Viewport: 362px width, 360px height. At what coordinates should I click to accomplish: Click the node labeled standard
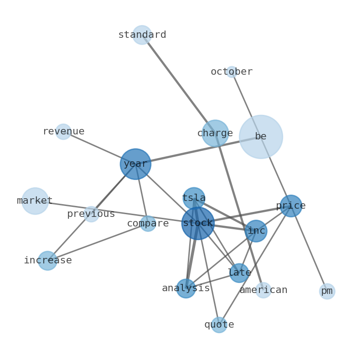[142, 35]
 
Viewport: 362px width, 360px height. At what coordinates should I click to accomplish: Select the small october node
[232, 72]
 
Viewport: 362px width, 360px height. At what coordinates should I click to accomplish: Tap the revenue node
[63, 132]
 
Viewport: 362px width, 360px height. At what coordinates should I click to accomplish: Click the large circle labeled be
[261, 137]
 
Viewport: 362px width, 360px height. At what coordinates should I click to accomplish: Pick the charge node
[215, 134]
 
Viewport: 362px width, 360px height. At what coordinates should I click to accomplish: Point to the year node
[135, 164]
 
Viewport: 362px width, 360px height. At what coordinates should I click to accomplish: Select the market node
[35, 201]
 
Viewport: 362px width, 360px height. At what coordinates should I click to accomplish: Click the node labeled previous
[91, 214]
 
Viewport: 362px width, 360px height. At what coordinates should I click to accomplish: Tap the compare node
[148, 224]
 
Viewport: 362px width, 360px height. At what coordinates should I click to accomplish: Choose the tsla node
[194, 199]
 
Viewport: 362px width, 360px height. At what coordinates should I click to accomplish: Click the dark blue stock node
[198, 223]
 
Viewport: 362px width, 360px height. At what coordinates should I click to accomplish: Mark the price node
[291, 206]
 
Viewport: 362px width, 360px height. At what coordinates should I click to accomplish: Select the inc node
[256, 231]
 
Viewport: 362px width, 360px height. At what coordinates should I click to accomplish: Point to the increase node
[47, 261]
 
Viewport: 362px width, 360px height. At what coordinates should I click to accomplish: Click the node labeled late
[239, 273]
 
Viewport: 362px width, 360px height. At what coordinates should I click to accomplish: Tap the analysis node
[186, 288]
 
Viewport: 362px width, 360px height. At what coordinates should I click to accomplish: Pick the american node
[263, 290]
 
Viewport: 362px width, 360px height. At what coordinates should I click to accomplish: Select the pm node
[327, 291]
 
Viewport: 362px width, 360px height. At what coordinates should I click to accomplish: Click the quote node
[219, 325]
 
